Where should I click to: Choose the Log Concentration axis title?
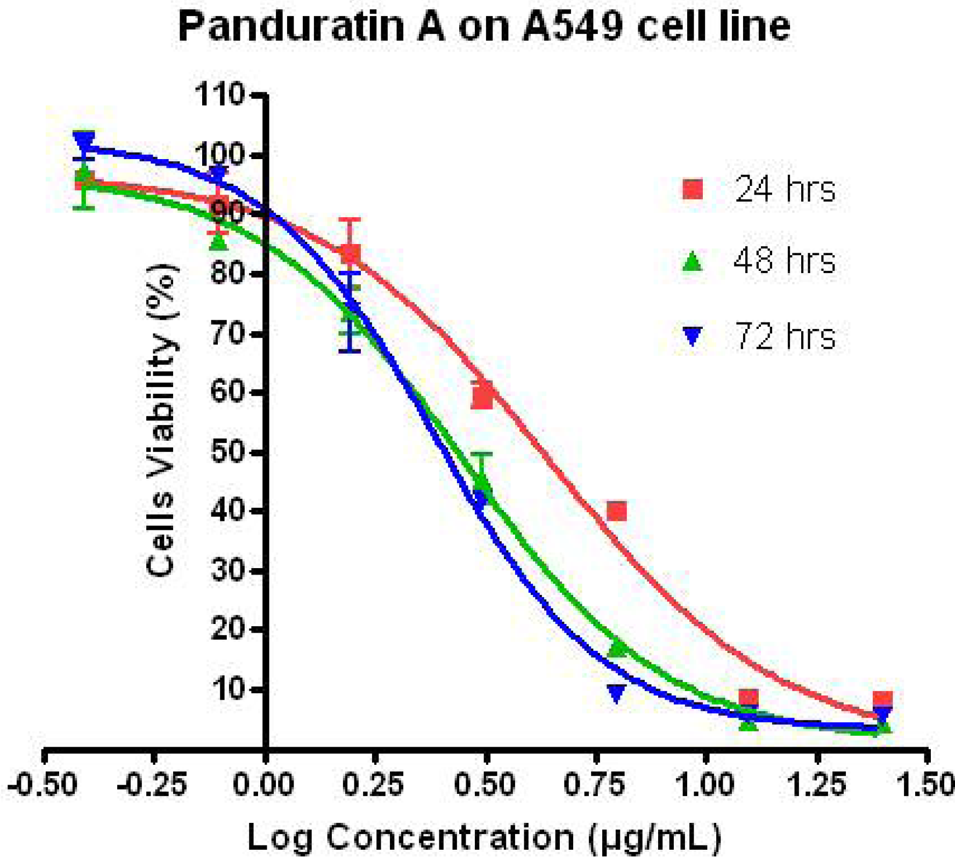(483, 836)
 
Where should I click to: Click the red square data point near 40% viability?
(616, 511)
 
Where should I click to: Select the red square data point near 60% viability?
(482, 397)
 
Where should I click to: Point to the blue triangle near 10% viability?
(616, 693)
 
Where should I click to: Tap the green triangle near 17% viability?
(618, 648)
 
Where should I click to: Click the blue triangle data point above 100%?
(84, 141)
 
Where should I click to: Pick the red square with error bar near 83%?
(350, 254)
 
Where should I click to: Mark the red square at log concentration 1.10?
(748, 698)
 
